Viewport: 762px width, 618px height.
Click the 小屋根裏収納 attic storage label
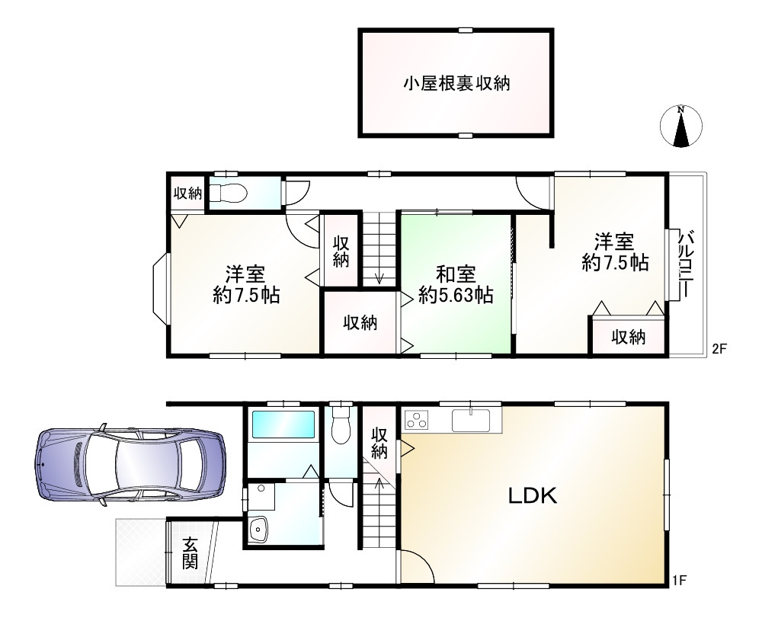pyautogui.click(x=456, y=83)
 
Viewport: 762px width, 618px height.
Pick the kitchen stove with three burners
pyautogui.click(x=418, y=419)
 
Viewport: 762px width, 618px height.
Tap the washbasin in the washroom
pyautogui.click(x=259, y=527)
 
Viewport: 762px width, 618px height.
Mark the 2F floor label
pyautogui.click(x=720, y=349)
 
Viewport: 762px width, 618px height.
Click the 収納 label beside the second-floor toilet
pyautogui.click(x=187, y=194)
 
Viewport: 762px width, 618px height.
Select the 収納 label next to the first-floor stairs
pyautogui.click(x=379, y=442)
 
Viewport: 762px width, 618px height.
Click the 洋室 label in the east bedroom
pyautogui.click(x=614, y=242)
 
